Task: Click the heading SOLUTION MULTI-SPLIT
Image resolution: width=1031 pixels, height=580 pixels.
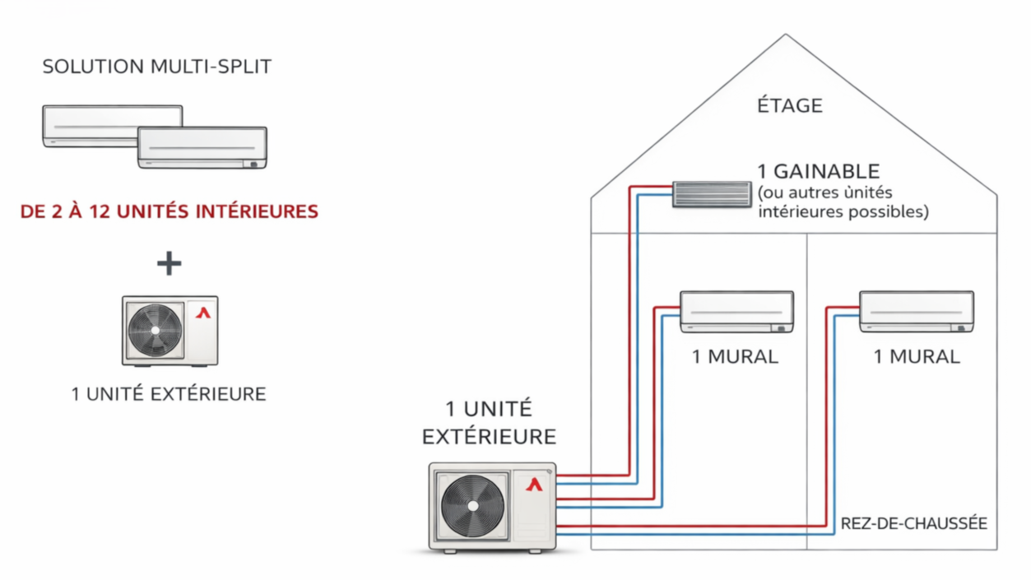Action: [x=156, y=67]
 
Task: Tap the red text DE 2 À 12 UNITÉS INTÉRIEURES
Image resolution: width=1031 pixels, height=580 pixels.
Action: [x=170, y=211]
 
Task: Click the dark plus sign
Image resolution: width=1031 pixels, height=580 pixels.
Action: [x=170, y=263]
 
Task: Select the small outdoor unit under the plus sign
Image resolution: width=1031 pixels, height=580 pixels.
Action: [x=170, y=331]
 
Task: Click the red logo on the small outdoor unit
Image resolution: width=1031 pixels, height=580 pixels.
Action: [x=203, y=313]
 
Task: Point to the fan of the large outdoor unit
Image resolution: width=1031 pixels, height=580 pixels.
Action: [x=474, y=506]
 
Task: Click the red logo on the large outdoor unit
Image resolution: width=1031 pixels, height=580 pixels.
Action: [x=535, y=484]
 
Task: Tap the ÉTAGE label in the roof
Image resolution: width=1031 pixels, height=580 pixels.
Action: [x=789, y=105]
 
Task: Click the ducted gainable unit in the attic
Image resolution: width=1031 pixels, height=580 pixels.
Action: [x=712, y=194]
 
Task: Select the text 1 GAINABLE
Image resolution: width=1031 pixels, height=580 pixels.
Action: [x=819, y=171]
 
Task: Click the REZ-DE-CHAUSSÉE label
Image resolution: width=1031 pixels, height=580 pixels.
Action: [x=913, y=524]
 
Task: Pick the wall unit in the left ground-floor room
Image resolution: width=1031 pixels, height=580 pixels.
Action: [x=736, y=312]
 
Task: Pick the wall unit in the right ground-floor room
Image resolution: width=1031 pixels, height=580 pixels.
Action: [x=916, y=311]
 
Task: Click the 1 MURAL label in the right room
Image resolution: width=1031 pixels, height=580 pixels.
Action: [x=916, y=357]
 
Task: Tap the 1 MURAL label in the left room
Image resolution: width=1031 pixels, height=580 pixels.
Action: [x=735, y=357]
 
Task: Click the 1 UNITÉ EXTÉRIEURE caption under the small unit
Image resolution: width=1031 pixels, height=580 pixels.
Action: [x=169, y=394]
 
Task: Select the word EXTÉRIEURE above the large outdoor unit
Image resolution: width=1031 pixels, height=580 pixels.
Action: [x=489, y=436]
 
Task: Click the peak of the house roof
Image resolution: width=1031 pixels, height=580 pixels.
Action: [x=786, y=35]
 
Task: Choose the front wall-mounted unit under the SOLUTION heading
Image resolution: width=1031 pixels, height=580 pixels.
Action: [x=202, y=148]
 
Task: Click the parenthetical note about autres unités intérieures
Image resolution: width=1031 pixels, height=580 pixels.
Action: [x=843, y=202]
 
